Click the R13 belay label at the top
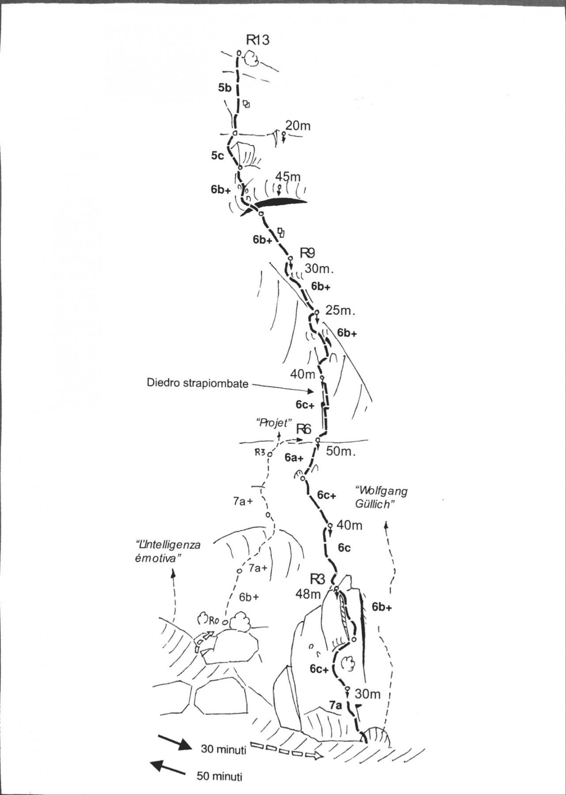tap(257, 41)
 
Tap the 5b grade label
tap(224, 88)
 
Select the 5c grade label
tap(217, 155)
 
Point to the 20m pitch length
tap(298, 126)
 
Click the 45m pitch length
tap(288, 177)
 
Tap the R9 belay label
tap(307, 253)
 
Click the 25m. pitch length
tap(340, 310)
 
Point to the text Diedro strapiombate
tap(197, 383)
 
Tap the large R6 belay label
tap(304, 429)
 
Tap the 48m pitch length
tap(309, 594)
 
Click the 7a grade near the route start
tap(335, 705)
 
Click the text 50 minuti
tap(220, 776)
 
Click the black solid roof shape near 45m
tap(280, 203)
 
